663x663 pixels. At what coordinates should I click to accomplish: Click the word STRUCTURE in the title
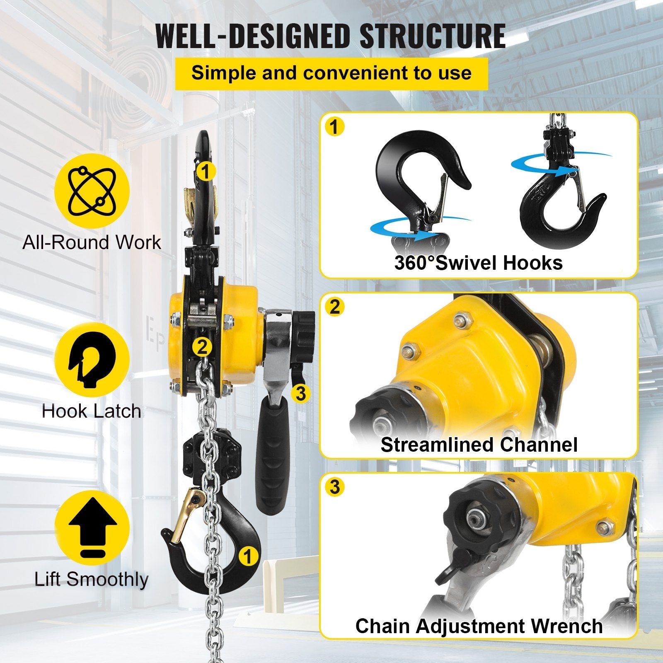[x=432, y=36]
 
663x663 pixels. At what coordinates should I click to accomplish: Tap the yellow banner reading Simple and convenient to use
[x=331, y=73]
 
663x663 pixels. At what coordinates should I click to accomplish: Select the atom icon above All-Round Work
[x=92, y=191]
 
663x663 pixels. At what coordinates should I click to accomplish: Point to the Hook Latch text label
[x=92, y=411]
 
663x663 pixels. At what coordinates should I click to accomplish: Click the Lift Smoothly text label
[x=92, y=579]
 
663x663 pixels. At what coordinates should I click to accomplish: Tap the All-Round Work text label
[x=92, y=242]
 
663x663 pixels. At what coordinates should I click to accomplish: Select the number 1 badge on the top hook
[x=206, y=171]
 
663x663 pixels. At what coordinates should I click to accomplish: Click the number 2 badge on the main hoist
[x=202, y=346]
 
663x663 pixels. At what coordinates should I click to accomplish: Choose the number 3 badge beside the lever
[x=301, y=393]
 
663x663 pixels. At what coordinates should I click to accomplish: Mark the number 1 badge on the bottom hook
[x=248, y=557]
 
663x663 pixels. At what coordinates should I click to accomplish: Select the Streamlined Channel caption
[x=479, y=445]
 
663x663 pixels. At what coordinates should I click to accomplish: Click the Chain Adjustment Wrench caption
[x=479, y=626]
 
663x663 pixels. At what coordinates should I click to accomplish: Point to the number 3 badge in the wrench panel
[x=335, y=487]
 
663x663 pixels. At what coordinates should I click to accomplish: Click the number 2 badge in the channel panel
[x=335, y=307]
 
